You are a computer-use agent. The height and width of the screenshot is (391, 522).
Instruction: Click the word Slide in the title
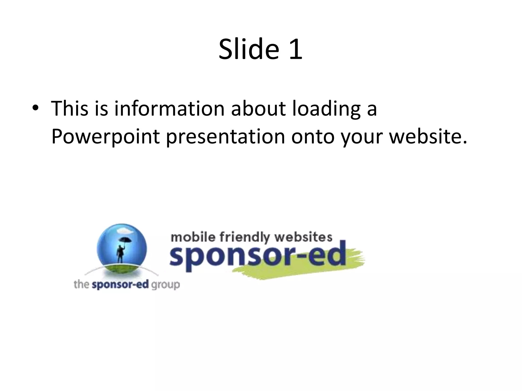coord(249,49)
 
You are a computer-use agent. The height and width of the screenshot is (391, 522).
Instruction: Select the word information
coord(169,108)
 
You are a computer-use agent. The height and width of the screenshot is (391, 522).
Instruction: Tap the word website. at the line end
coord(428,136)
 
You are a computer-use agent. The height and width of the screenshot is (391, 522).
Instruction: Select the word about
coord(258,108)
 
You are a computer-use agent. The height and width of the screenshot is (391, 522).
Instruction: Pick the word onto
coord(313,137)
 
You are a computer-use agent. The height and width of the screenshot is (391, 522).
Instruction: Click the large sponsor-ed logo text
coord(257,256)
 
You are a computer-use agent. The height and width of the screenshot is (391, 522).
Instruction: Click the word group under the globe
coord(166,285)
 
